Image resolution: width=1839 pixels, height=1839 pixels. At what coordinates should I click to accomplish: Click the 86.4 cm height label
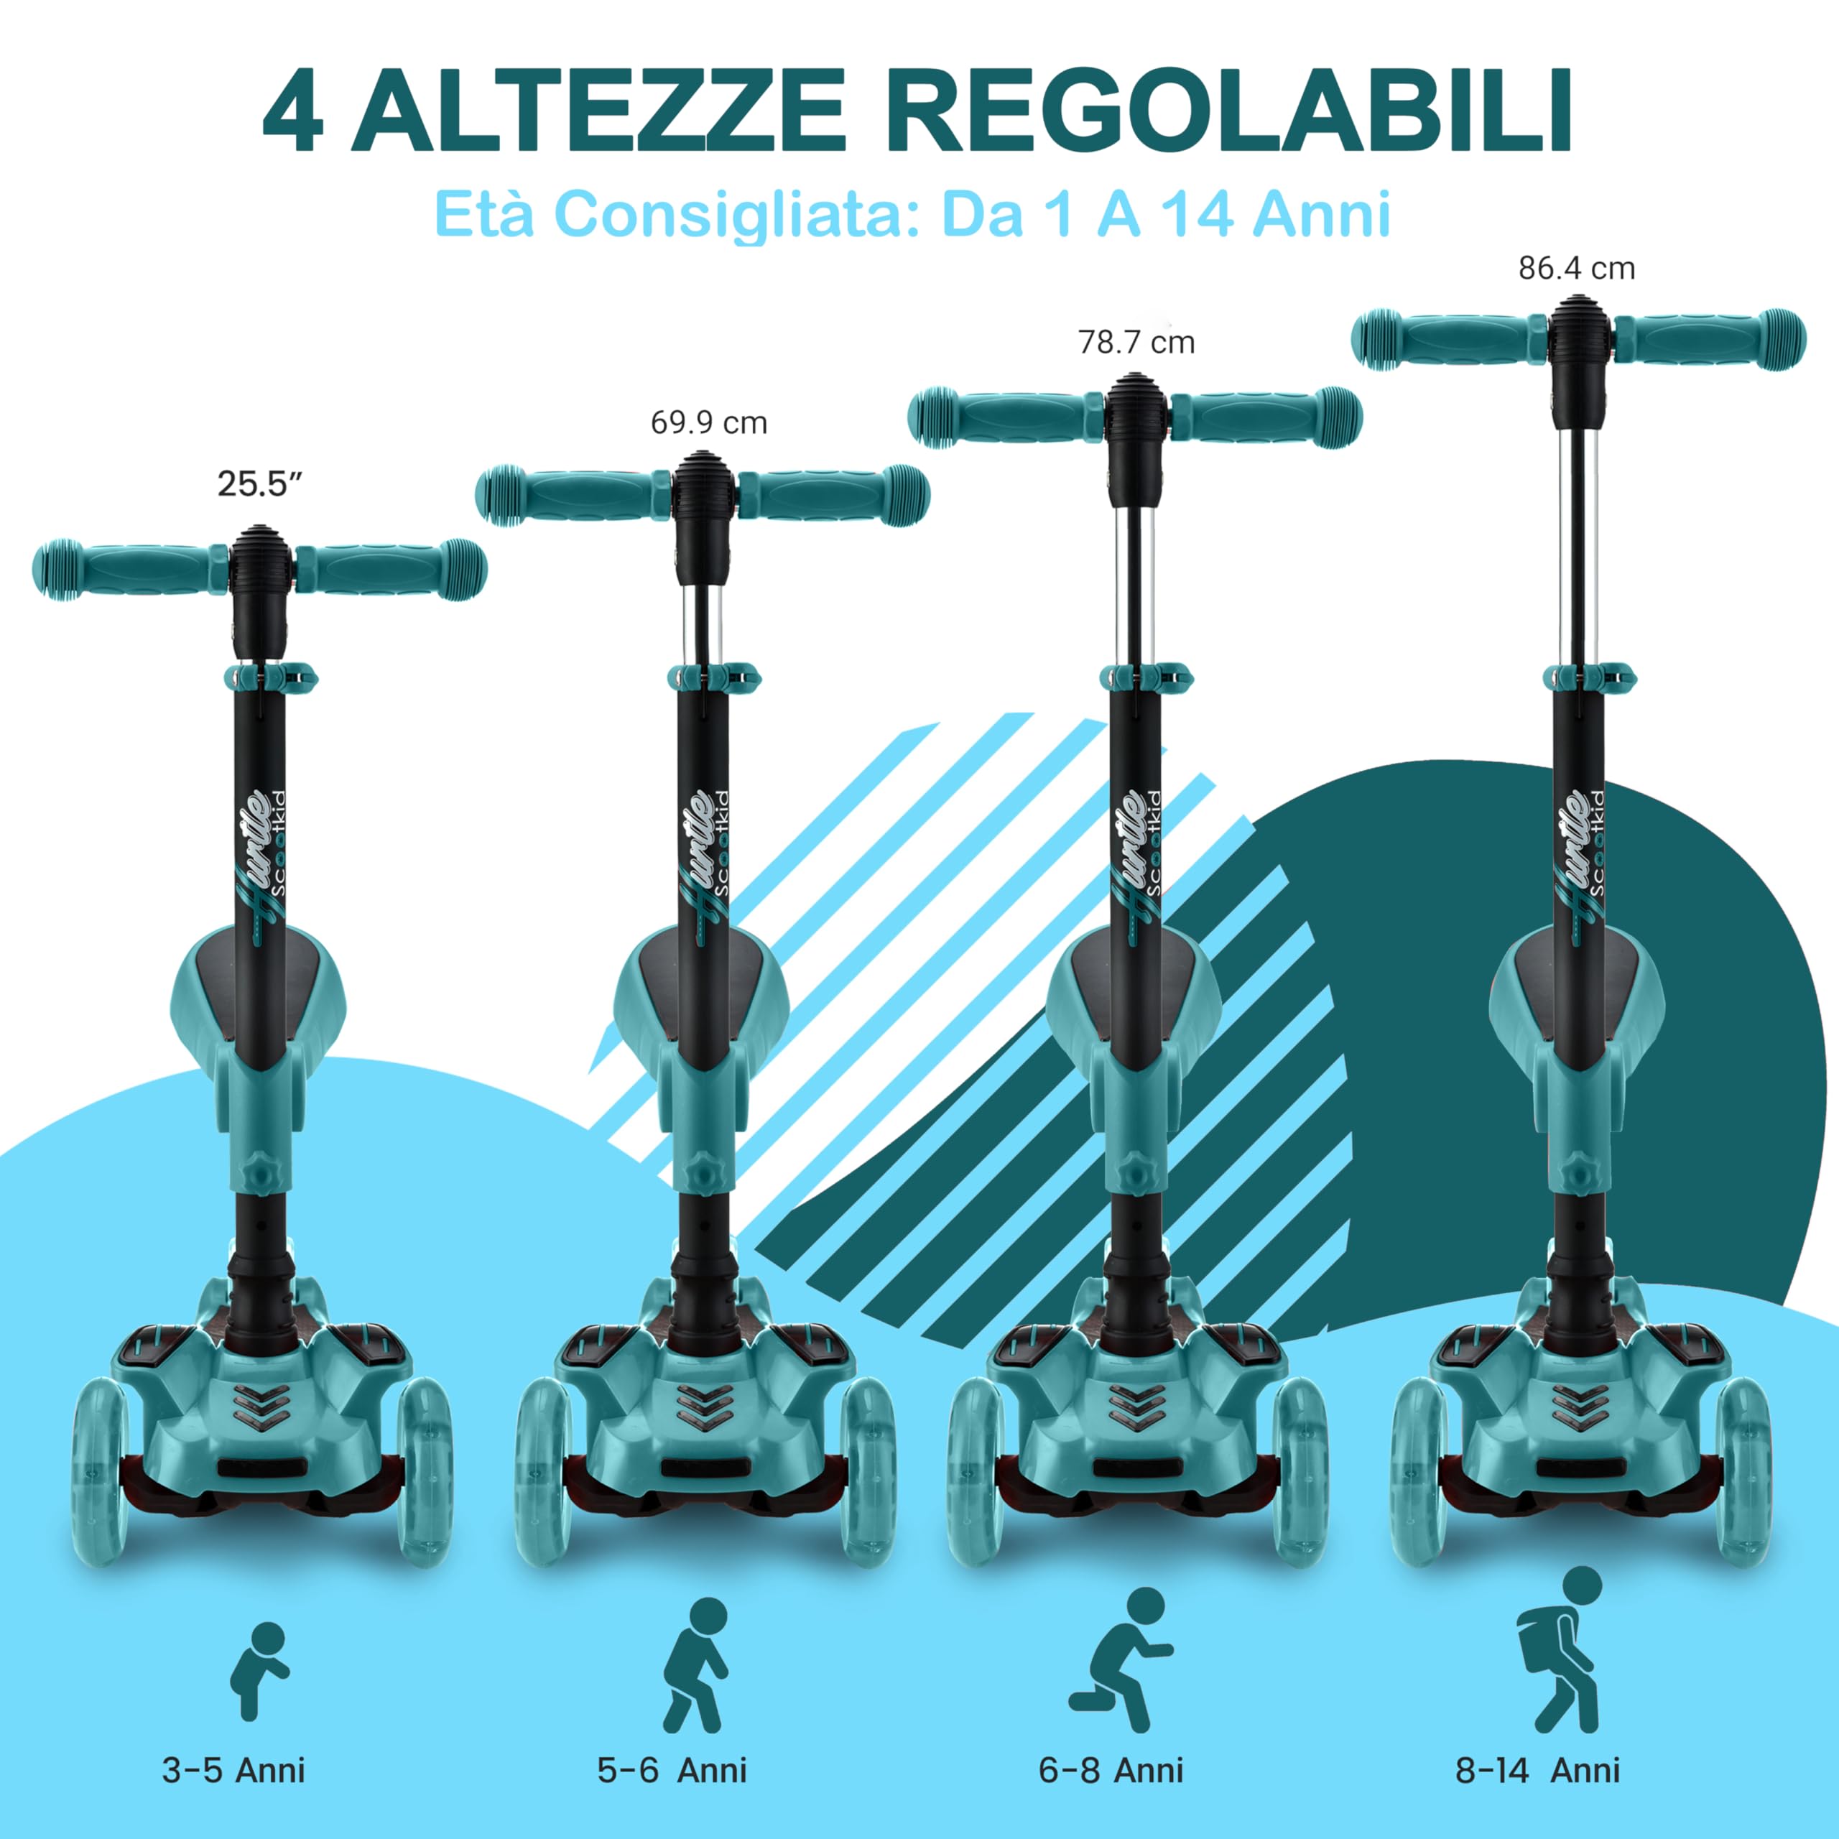point(1576,269)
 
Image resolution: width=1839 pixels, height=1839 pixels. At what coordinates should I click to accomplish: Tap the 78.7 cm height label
point(1136,343)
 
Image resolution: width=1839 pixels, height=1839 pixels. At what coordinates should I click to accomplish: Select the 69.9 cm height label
point(708,422)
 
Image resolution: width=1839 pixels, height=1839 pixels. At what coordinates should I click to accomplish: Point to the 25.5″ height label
point(259,483)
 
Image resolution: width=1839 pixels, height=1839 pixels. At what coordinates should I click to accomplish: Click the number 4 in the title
point(293,112)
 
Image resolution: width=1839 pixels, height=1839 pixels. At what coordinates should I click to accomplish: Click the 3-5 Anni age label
point(233,1771)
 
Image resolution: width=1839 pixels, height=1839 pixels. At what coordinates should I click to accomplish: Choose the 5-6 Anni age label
point(672,1771)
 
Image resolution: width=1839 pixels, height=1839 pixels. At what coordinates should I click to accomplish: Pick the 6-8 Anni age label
point(1111,1771)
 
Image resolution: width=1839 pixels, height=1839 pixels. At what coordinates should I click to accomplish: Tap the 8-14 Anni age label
point(1537,1771)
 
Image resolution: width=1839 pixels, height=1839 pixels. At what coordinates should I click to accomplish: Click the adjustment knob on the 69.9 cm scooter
point(705,1169)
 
